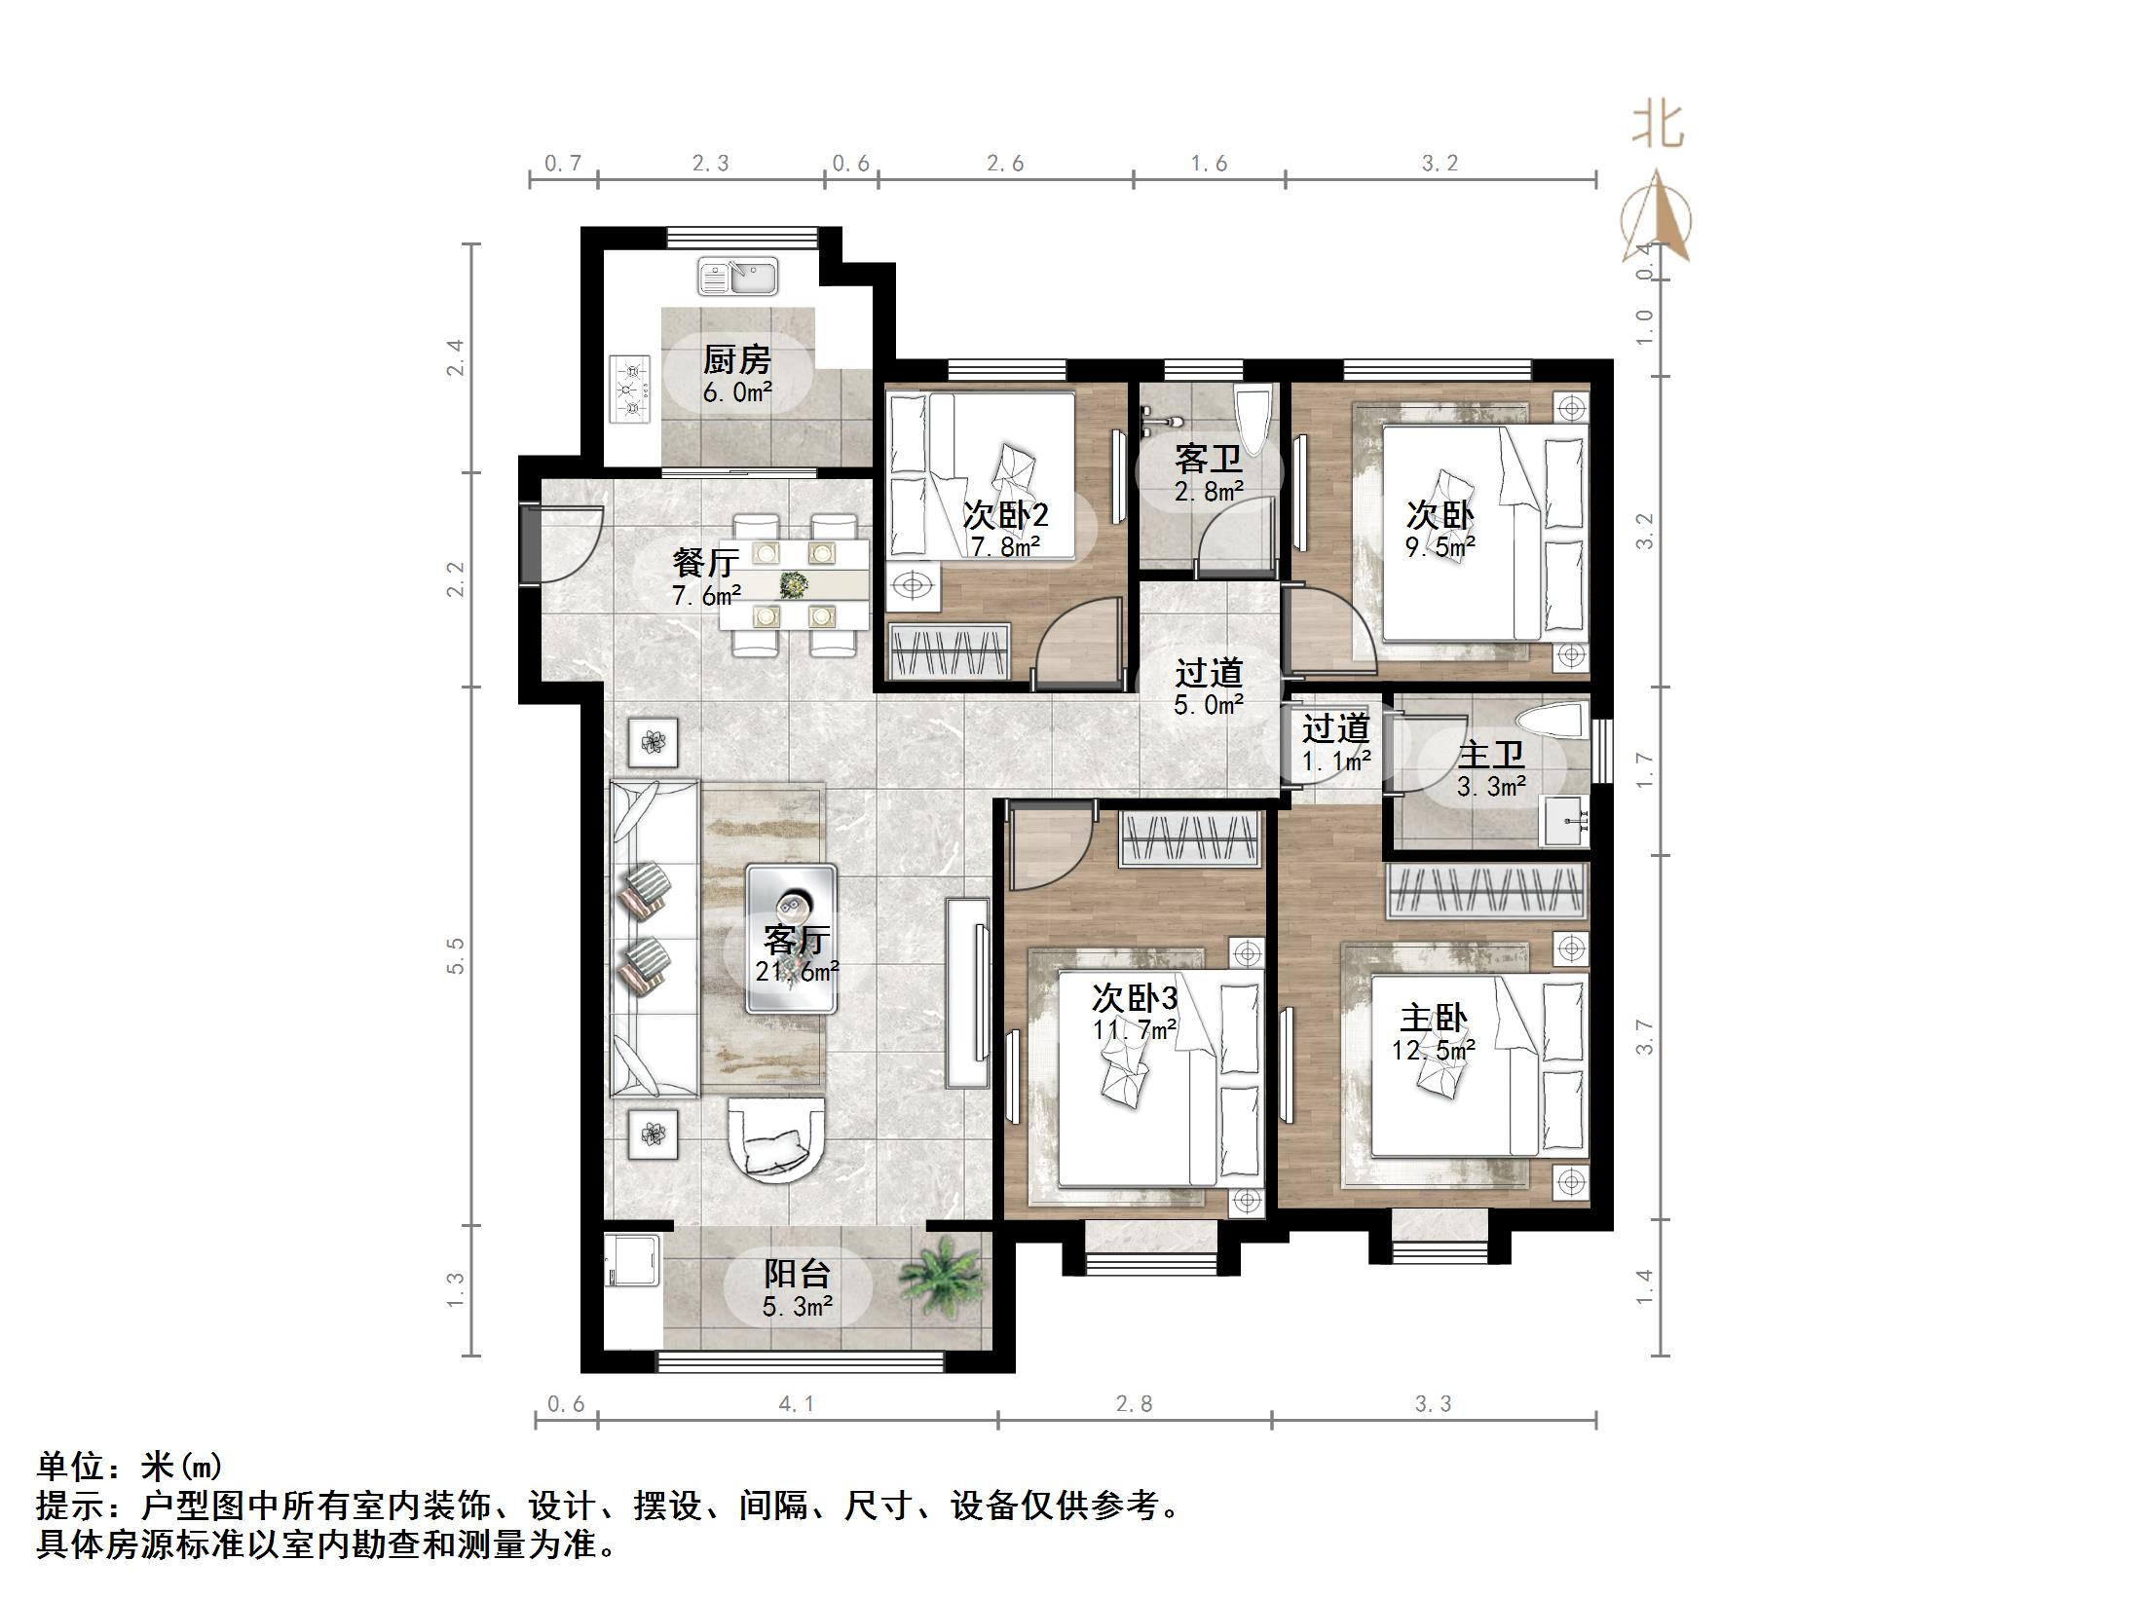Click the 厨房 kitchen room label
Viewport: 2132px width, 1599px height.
point(736,361)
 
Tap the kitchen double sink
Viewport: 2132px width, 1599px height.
point(737,277)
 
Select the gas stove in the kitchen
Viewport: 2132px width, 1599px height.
point(631,389)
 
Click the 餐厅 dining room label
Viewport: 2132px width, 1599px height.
point(706,563)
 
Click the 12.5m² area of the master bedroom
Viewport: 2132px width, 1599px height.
point(1433,1051)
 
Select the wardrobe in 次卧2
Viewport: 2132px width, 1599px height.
point(950,651)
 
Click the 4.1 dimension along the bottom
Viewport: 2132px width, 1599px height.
point(796,1403)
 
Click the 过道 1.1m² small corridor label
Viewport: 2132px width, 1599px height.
point(1336,742)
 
